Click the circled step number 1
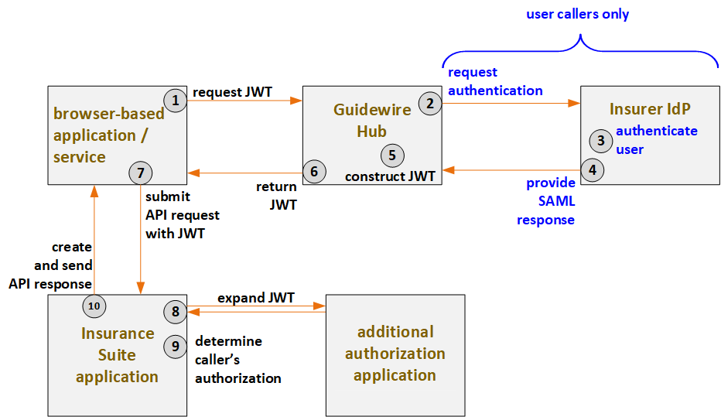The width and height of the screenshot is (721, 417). click(x=176, y=100)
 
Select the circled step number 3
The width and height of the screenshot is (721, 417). click(x=600, y=141)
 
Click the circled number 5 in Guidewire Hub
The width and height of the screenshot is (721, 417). click(x=392, y=154)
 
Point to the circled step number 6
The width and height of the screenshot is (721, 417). click(x=313, y=172)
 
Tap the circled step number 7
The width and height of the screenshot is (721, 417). click(x=140, y=173)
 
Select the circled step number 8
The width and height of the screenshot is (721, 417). click(x=176, y=312)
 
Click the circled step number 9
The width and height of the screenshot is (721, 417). click(x=176, y=347)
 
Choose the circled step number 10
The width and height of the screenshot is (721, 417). click(x=94, y=306)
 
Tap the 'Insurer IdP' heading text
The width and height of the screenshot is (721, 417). click(x=650, y=109)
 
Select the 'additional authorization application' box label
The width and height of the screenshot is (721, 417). click(x=395, y=354)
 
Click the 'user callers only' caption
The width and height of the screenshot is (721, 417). click(x=577, y=14)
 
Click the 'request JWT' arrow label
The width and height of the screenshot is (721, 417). click(x=232, y=91)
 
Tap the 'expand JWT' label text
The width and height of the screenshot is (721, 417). click(x=255, y=298)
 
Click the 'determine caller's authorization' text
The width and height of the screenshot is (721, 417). click(x=237, y=360)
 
